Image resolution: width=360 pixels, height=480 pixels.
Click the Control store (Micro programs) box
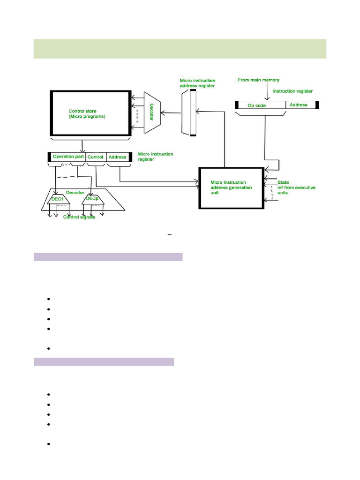tap(90, 114)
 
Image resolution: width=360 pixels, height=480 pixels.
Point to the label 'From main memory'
tap(259, 80)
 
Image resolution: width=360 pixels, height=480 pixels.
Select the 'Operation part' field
tap(68, 157)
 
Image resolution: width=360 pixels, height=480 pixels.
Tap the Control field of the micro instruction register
tap(96, 157)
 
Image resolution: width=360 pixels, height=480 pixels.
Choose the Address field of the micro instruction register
tap(117, 157)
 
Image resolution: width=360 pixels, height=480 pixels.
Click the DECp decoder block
tap(91, 200)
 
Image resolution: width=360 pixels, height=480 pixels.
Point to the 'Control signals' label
tap(79, 217)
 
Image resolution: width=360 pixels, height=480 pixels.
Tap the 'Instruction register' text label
tap(292, 91)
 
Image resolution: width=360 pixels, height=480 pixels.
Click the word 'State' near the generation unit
tap(284, 182)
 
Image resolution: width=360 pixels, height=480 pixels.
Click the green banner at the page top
tap(180, 49)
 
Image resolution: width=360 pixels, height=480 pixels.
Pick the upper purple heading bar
tap(108, 256)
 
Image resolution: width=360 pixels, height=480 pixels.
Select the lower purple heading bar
tap(104, 361)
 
